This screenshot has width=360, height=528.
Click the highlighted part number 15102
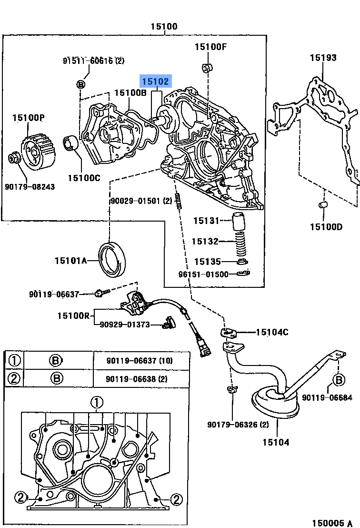(x=155, y=81)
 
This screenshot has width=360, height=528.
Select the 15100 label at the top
(x=164, y=27)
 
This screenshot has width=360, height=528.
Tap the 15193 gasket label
(x=323, y=58)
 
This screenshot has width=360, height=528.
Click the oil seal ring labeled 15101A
(x=113, y=259)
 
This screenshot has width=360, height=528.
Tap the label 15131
(x=206, y=221)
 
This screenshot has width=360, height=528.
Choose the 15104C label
(x=272, y=332)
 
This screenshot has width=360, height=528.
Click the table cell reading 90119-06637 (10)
(x=139, y=361)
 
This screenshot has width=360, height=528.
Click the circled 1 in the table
(x=14, y=361)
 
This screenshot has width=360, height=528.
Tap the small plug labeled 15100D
(x=322, y=205)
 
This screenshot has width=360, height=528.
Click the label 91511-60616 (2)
(x=93, y=61)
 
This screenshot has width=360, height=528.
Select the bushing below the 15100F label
(x=207, y=68)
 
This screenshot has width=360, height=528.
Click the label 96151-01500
(x=203, y=274)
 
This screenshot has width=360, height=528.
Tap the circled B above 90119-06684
(x=338, y=379)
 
